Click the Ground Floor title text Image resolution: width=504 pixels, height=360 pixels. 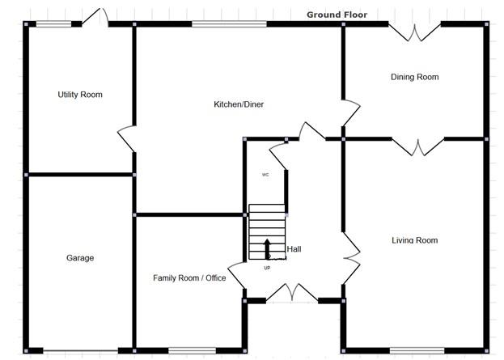pyautogui.click(x=337, y=15)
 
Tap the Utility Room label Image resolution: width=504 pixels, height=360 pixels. pyautogui.click(x=80, y=95)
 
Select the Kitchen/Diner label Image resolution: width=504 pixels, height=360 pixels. pyautogui.click(x=239, y=104)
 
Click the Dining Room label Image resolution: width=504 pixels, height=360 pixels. pyautogui.click(x=414, y=78)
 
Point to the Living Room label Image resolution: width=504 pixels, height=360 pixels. pyautogui.click(x=414, y=239)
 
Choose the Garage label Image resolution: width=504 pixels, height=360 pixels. pyautogui.click(x=80, y=258)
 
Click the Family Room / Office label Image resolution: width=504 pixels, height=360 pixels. pyautogui.click(x=189, y=277)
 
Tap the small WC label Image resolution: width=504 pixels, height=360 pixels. pyautogui.click(x=265, y=175)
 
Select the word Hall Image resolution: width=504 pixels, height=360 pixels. pyautogui.click(x=294, y=250)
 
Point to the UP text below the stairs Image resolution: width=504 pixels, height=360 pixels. pyautogui.click(x=267, y=267)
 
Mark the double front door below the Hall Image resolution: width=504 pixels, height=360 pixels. pyautogui.click(x=292, y=294)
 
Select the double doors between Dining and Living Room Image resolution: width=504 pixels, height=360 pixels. pyautogui.click(x=417, y=146)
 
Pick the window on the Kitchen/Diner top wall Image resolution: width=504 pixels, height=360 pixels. pyautogui.click(x=229, y=24)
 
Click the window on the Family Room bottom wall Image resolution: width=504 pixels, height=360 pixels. pyautogui.click(x=192, y=350)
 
